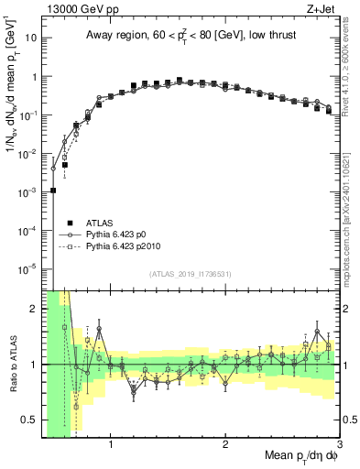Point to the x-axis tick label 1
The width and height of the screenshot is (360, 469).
point(111,444)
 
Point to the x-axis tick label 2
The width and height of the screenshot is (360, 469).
point(225,444)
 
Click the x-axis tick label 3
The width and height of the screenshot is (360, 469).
point(339,444)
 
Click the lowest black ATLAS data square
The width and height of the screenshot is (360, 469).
point(53,191)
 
